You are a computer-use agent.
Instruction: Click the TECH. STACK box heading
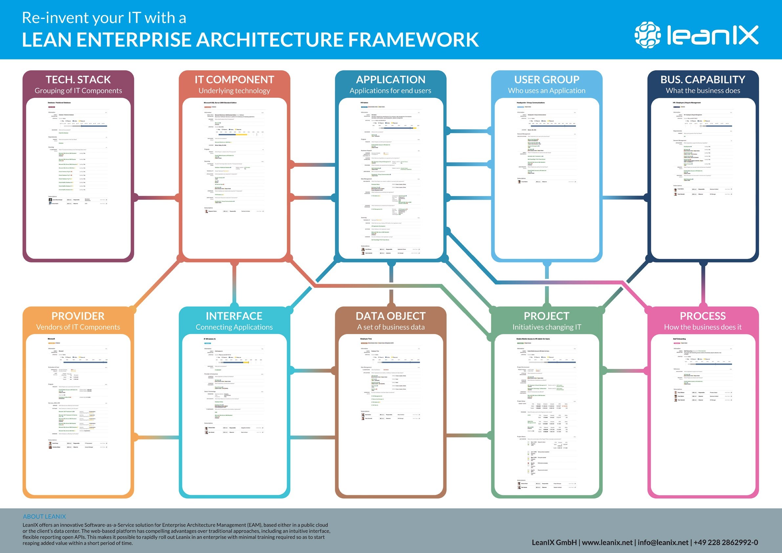point(78,79)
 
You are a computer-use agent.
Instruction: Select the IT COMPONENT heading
point(234,79)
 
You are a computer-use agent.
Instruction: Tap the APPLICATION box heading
point(391,79)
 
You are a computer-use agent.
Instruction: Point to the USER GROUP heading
point(547,79)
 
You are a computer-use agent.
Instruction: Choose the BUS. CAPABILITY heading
point(703,79)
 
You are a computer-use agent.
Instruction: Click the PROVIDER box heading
point(78,316)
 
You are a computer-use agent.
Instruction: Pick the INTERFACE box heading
point(234,316)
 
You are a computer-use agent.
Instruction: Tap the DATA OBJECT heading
point(391,316)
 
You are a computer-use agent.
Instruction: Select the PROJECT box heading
point(547,316)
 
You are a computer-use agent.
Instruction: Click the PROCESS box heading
point(703,316)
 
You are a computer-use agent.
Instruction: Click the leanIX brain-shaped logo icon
point(647,35)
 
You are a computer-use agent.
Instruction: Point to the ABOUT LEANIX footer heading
point(44,517)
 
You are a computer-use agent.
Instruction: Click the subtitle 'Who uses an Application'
point(547,91)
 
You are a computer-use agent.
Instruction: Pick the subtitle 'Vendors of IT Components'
point(78,327)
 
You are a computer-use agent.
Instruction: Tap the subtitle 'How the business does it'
point(703,327)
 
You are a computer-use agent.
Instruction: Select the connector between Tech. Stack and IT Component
point(156,197)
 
